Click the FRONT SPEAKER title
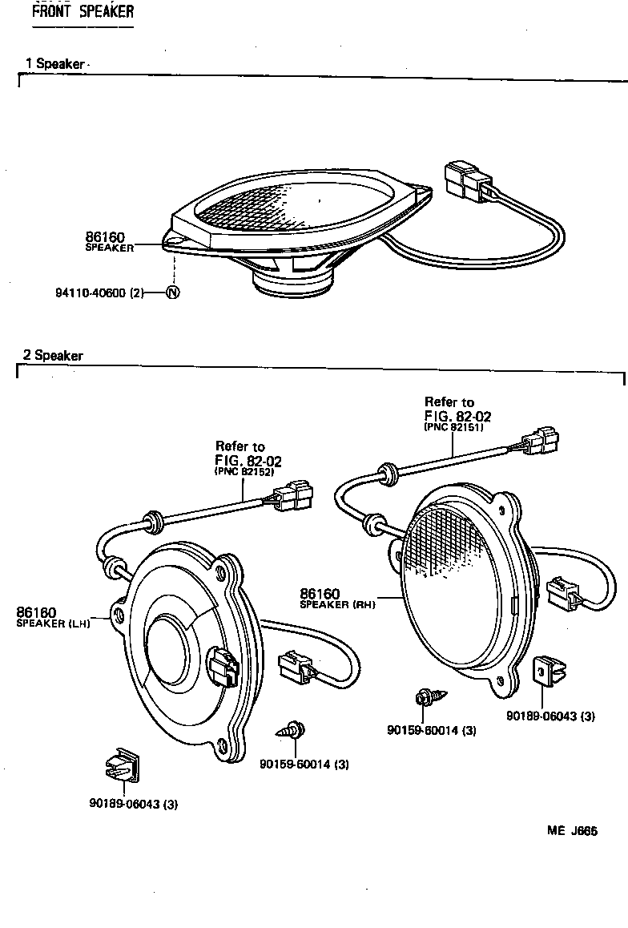[x=83, y=11]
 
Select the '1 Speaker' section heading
[x=54, y=64]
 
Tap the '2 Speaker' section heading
[x=54, y=356]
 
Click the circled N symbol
[x=172, y=293]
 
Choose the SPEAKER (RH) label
[x=336, y=604]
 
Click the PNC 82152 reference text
[x=244, y=473]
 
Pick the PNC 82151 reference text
[x=453, y=428]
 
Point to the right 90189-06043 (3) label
[x=549, y=716]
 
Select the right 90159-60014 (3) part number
[x=431, y=730]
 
